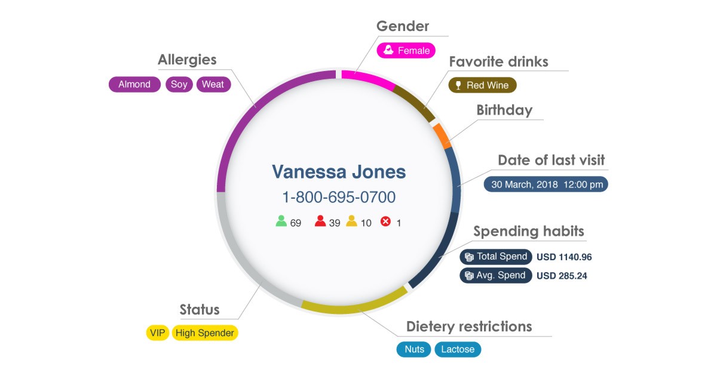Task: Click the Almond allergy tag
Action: (134, 84)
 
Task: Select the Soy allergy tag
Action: (179, 84)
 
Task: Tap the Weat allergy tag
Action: (213, 84)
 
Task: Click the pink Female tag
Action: (406, 51)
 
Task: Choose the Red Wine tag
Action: (482, 85)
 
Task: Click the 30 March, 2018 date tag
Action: (546, 184)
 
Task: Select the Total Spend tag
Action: (496, 257)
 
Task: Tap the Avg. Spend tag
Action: (496, 275)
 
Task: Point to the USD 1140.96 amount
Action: (564, 257)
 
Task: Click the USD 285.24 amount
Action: (562, 276)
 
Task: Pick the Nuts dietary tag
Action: (413, 349)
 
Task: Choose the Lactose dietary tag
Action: (458, 349)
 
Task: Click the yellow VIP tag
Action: (158, 333)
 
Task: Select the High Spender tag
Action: (205, 333)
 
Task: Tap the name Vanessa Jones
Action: (339, 172)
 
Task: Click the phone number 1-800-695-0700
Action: (339, 197)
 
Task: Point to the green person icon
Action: (281, 221)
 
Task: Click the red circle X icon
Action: (386, 221)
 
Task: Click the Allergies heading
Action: (187, 60)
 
